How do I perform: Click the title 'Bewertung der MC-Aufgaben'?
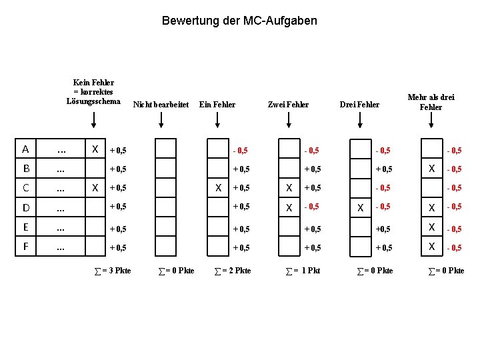point(239,21)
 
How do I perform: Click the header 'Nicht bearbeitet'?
point(161,104)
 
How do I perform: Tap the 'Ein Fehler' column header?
point(217,104)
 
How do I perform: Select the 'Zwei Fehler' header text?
point(288,104)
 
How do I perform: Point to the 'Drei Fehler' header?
point(359,104)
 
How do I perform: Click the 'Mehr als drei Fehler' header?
point(431,102)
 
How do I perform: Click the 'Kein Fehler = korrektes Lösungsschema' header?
point(93,91)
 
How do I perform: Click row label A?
point(25,149)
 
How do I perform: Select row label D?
point(25,207)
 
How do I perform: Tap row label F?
point(25,246)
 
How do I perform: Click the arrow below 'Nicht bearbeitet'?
point(161,121)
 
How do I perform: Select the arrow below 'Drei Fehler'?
point(360,121)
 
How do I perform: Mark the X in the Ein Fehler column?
point(218,188)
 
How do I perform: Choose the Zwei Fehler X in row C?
point(289,188)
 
